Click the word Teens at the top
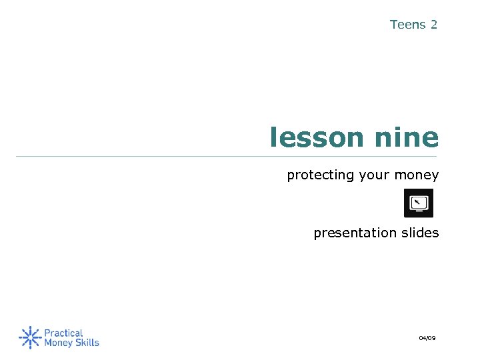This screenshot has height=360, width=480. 407,25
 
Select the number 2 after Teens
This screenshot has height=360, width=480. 434,25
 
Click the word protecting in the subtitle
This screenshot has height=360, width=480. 321,175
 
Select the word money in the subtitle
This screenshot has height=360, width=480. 417,175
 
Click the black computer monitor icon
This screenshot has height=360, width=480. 419,203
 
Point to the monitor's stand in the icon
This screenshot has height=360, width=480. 419,212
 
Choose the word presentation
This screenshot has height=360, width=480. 353,233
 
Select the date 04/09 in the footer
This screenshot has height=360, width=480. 427,339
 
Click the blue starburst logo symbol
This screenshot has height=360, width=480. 30,337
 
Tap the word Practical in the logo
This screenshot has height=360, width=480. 63,333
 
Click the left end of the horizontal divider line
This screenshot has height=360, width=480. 17,157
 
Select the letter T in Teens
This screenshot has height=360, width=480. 394,25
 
